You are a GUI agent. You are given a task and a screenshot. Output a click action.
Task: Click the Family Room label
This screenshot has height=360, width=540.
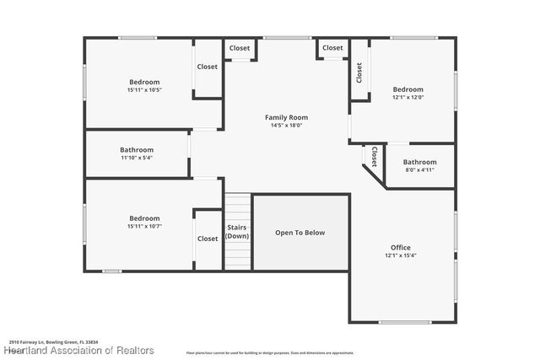tap(286, 117)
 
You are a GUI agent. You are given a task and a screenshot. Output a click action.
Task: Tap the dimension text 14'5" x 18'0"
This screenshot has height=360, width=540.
tap(286, 126)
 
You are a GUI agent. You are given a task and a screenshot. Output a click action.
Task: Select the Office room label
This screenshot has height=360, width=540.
tap(400, 247)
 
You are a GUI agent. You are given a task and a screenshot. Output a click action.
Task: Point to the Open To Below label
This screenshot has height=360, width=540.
tap(300, 233)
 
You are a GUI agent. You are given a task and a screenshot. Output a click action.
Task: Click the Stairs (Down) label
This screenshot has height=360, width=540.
tap(237, 232)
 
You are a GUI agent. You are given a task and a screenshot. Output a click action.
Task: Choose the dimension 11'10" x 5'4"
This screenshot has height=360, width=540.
tap(137, 158)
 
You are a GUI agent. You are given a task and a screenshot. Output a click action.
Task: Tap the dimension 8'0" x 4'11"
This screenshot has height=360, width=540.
tap(419, 170)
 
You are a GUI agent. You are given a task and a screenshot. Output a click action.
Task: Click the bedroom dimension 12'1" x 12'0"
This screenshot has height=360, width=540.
tap(408, 98)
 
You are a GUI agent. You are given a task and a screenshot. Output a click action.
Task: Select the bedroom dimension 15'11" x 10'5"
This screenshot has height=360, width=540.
tap(144, 90)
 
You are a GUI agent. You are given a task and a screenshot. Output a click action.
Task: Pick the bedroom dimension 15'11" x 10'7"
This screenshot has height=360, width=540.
tap(144, 226)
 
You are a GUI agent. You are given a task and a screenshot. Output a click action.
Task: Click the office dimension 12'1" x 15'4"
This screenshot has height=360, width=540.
tap(401, 255)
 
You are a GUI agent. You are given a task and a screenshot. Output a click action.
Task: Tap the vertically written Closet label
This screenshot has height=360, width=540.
tap(359, 73)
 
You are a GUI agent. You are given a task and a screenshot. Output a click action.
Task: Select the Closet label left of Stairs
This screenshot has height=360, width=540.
tap(208, 239)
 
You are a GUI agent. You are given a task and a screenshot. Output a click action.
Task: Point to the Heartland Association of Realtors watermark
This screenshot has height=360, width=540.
tap(78, 349)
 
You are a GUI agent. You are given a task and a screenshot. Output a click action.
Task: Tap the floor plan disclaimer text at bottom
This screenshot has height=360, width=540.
tap(270, 352)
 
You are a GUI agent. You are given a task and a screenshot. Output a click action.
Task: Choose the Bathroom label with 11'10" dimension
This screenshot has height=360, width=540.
tap(137, 149)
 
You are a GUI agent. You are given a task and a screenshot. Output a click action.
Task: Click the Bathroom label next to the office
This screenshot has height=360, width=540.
tap(419, 162)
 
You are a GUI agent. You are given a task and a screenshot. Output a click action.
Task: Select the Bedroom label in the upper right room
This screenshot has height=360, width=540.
tap(408, 89)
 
